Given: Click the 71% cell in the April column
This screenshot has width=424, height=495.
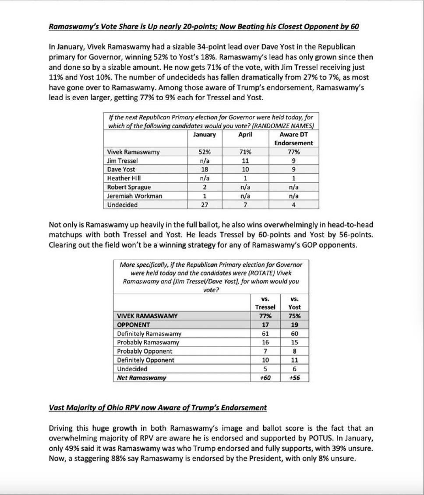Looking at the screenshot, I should (245, 152).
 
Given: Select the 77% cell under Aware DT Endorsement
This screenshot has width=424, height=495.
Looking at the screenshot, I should (293, 152).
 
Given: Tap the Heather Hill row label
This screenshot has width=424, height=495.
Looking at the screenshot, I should (124, 178).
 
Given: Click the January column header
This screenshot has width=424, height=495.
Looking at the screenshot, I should (205, 135).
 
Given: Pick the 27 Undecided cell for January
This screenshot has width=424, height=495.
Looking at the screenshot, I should (205, 205).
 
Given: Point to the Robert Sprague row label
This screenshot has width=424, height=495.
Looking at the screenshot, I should (129, 187).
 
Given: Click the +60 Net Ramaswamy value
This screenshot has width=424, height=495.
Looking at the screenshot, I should (265, 378).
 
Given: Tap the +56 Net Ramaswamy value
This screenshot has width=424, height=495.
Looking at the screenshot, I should (295, 378).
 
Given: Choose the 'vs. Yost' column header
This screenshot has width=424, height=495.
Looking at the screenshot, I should (295, 303).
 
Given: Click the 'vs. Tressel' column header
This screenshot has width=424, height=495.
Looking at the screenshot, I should (265, 303).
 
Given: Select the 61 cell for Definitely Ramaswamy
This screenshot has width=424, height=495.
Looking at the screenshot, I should (265, 334).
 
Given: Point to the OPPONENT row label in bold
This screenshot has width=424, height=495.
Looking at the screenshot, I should (134, 325).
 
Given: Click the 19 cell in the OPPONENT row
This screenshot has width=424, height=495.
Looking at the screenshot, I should (295, 325).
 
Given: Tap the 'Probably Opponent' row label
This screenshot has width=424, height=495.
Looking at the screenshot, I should (145, 351).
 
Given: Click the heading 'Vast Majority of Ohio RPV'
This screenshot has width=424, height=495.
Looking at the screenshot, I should (158, 408).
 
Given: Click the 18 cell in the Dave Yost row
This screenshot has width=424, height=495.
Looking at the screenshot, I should (205, 170).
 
